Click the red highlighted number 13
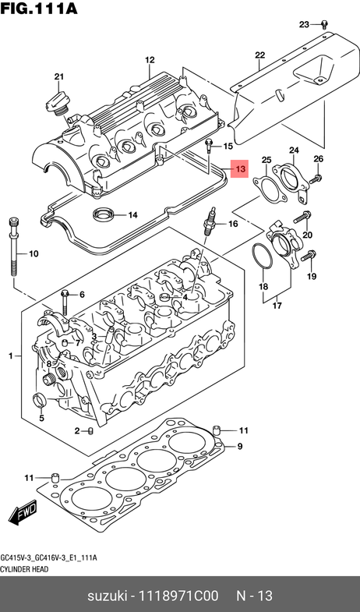point(239,169)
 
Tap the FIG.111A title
point(39,8)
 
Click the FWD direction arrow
point(23,512)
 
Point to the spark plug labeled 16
point(209,223)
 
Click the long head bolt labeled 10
point(13,246)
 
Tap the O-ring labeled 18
point(262,256)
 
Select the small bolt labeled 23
point(323,25)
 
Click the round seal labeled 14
point(103,214)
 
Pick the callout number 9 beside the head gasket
point(240,446)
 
